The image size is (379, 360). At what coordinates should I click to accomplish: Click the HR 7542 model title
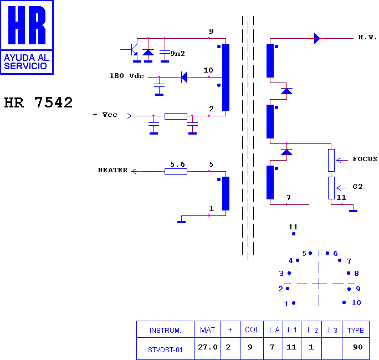38,102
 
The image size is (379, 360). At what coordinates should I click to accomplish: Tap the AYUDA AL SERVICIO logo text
27,62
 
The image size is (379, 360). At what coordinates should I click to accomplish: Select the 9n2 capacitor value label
178,53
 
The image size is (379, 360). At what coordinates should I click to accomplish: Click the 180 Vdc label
126,76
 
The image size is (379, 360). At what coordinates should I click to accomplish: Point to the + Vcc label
105,115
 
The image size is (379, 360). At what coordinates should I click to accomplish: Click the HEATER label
113,170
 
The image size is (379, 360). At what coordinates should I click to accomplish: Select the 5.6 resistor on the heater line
176,172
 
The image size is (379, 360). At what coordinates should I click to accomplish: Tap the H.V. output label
367,37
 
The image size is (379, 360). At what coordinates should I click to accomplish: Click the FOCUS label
365,159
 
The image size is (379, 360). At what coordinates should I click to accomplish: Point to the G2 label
358,187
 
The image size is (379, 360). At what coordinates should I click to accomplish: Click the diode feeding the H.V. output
317,38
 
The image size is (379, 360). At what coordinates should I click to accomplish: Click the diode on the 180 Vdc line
184,78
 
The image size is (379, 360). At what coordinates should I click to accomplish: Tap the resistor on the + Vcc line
176,116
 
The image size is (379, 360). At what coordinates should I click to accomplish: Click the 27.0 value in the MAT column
208,347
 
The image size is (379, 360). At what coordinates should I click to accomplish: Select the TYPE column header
356,330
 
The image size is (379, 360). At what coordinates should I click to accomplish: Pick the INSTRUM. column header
165,330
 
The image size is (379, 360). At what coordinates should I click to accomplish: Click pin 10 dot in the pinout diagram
344,302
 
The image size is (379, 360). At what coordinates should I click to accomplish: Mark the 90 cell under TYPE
358,347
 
